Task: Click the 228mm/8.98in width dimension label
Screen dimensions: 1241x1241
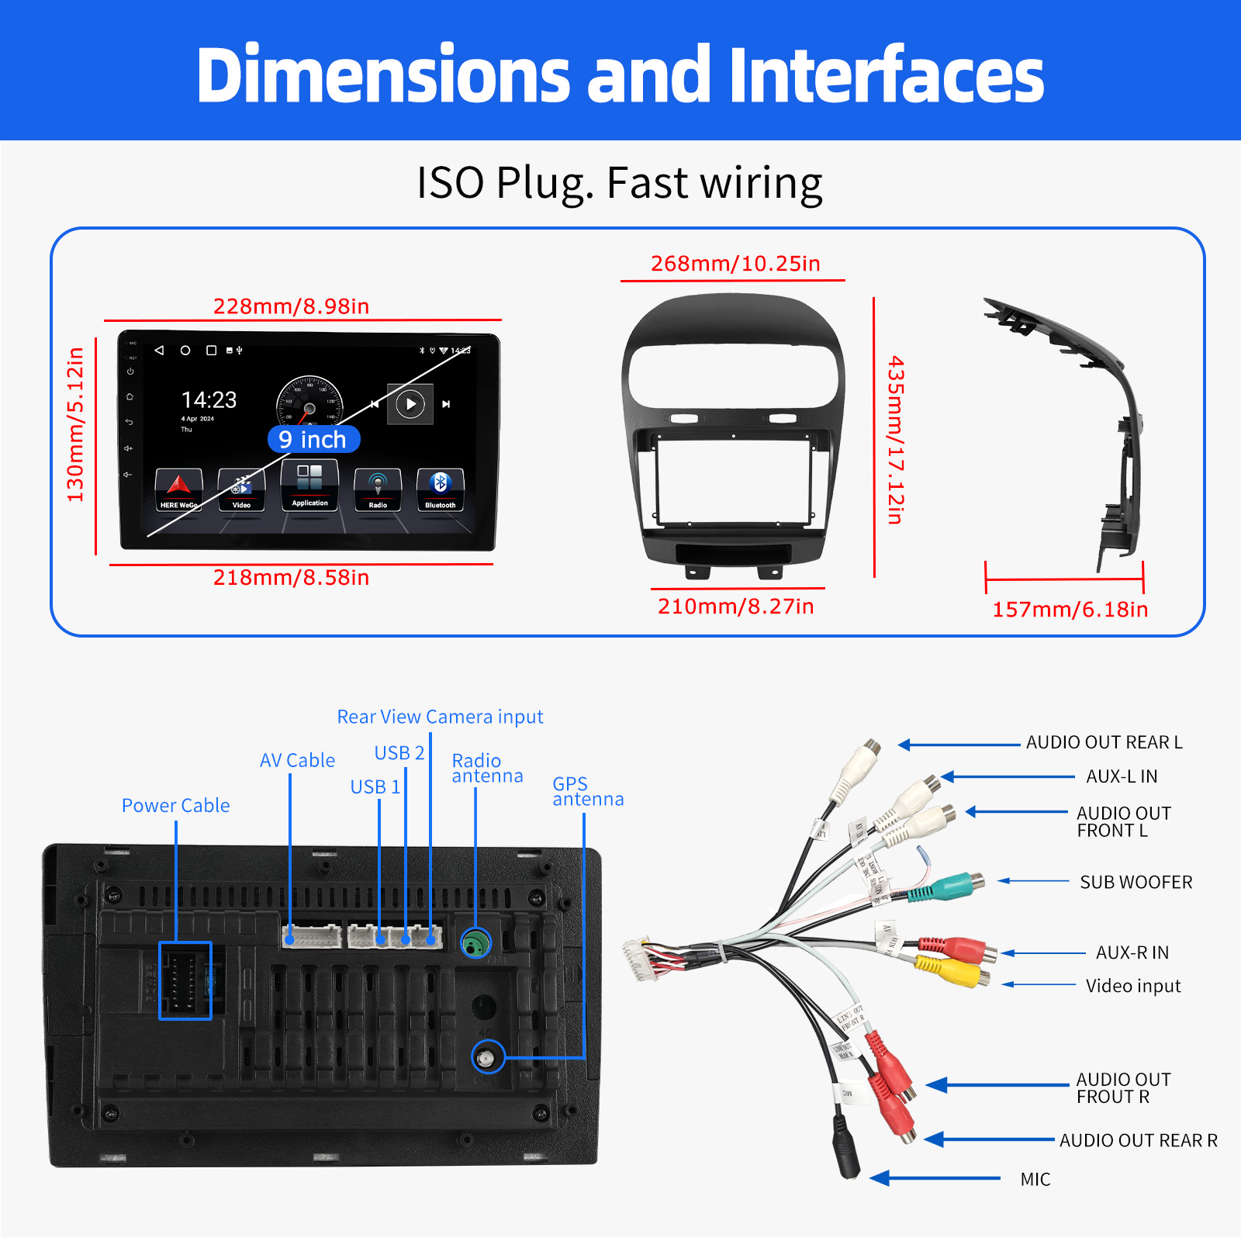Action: pos(291,306)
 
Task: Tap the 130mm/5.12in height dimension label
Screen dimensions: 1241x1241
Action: pos(75,424)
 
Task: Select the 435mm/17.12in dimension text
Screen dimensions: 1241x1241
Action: pos(896,440)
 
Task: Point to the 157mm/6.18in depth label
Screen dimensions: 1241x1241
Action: pos(1070,610)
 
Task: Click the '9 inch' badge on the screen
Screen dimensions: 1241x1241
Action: pos(313,440)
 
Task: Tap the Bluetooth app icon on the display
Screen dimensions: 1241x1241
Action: pos(440,489)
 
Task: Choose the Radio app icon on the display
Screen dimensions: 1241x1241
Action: pos(378,489)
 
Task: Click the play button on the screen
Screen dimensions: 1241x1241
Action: pos(410,403)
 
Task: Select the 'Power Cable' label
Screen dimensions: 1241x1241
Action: pos(175,806)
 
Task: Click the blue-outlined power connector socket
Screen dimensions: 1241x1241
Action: pos(185,980)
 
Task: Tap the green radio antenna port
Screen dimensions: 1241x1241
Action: pos(475,943)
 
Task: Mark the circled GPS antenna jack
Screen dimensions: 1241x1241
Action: pos(488,1057)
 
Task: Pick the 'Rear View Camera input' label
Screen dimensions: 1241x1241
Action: pos(440,717)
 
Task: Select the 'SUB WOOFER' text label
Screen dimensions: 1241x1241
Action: pos(1136,883)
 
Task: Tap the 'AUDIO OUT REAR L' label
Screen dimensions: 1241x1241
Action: pos(1104,743)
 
